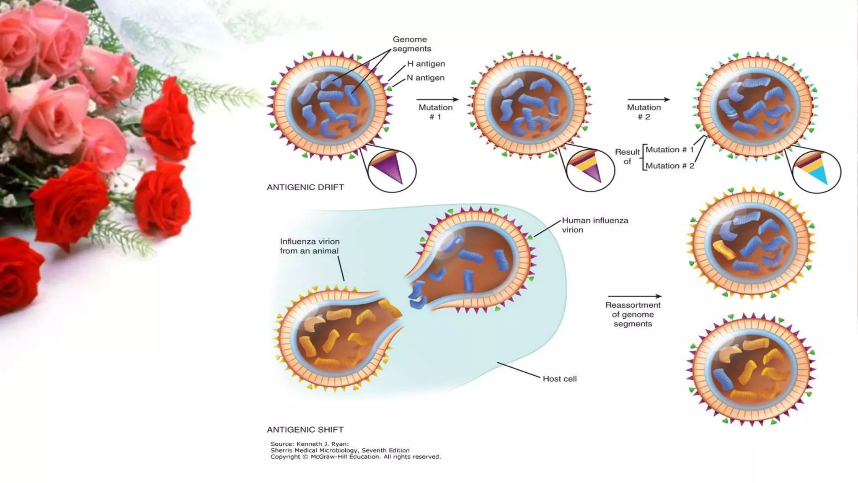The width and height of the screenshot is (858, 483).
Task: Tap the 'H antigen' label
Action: [x=426, y=64]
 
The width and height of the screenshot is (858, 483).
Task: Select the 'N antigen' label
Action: [x=425, y=78]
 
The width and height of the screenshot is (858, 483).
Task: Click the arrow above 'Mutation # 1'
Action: [x=437, y=99]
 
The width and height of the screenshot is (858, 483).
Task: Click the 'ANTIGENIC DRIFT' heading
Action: [x=305, y=187]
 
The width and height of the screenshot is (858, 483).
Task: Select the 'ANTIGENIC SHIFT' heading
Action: [x=305, y=430]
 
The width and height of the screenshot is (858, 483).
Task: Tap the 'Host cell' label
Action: [x=559, y=379]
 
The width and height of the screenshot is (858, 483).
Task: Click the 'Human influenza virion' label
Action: [x=594, y=225]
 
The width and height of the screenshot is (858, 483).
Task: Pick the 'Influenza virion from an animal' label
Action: [x=310, y=246]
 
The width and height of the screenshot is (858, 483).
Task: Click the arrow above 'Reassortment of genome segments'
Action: [x=634, y=296]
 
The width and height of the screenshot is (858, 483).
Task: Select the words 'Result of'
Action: [x=627, y=156]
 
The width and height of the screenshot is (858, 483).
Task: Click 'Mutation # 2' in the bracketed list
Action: [x=669, y=166]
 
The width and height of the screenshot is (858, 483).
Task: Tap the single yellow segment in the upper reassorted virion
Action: [x=724, y=249]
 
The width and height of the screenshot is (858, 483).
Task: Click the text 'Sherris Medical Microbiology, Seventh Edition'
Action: [x=340, y=450]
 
